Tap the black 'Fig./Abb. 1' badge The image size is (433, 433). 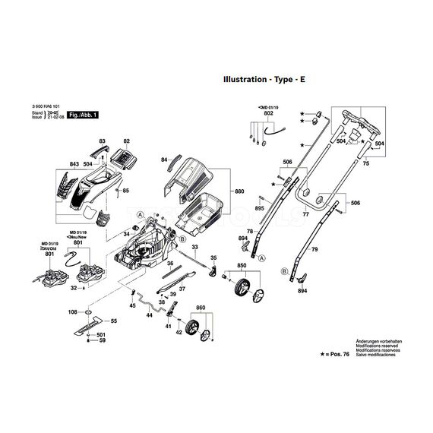point(84,115)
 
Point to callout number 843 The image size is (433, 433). point(74,163)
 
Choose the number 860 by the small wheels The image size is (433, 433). point(201,308)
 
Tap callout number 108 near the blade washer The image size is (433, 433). point(72,312)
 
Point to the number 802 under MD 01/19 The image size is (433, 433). point(268,113)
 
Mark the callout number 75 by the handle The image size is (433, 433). point(366,163)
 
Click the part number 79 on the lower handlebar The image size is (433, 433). point(314,250)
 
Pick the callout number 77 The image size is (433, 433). point(306,216)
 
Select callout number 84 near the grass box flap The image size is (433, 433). point(164,160)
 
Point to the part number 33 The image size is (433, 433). point(194,248)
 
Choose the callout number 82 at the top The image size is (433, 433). point(127,142)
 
